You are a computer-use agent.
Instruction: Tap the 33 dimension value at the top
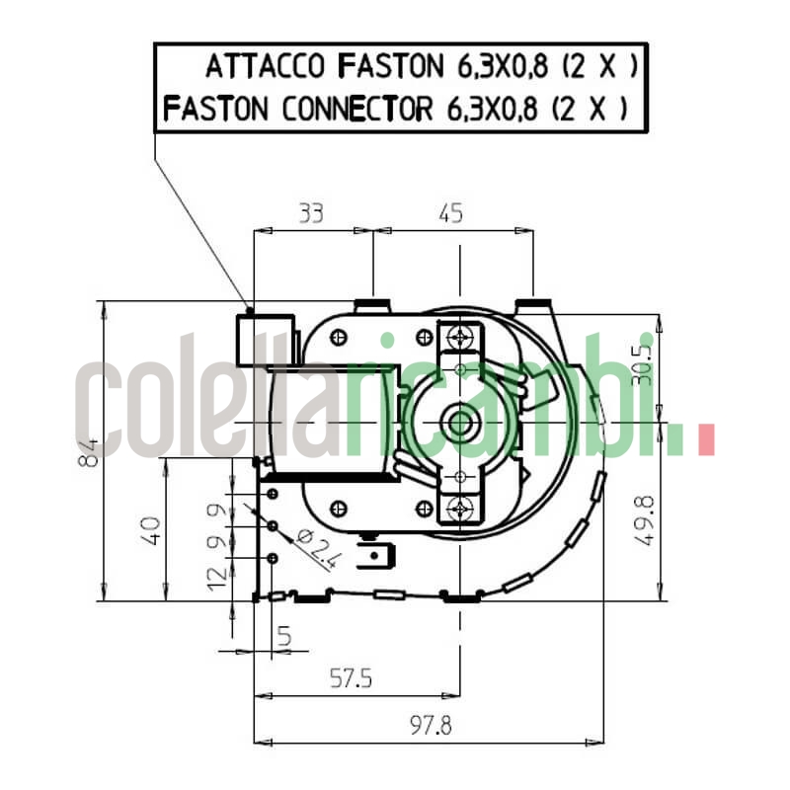point(310,212)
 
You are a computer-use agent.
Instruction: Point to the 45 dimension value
point(450,212)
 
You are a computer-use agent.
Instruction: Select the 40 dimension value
point(150,530)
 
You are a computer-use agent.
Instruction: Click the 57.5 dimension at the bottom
point(352,678)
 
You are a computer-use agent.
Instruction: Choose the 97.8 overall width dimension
point(431,726)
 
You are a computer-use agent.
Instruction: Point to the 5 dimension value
point(284,638)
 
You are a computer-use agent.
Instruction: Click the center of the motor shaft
point(460,424)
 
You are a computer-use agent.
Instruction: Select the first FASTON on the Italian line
point(391,67)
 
